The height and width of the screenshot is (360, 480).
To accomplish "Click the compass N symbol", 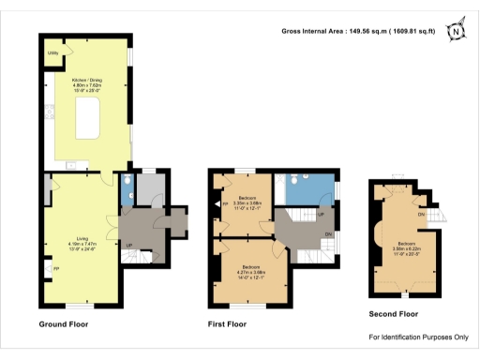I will (x=456, y=31).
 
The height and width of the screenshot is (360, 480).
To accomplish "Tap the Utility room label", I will (x=54, y=54).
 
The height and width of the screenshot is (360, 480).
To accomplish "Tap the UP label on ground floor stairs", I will (x=128, y=247).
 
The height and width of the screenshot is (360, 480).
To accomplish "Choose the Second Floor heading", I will (x=394, y=314).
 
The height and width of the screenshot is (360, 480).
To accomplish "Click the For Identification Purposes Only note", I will (x=418, y=337).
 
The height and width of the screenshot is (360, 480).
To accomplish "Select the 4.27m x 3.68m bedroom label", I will (x=244, y=270).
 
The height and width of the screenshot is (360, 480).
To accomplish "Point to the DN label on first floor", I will (x=327, y=233).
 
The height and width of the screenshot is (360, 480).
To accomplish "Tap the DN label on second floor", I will (x=423, y=215).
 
